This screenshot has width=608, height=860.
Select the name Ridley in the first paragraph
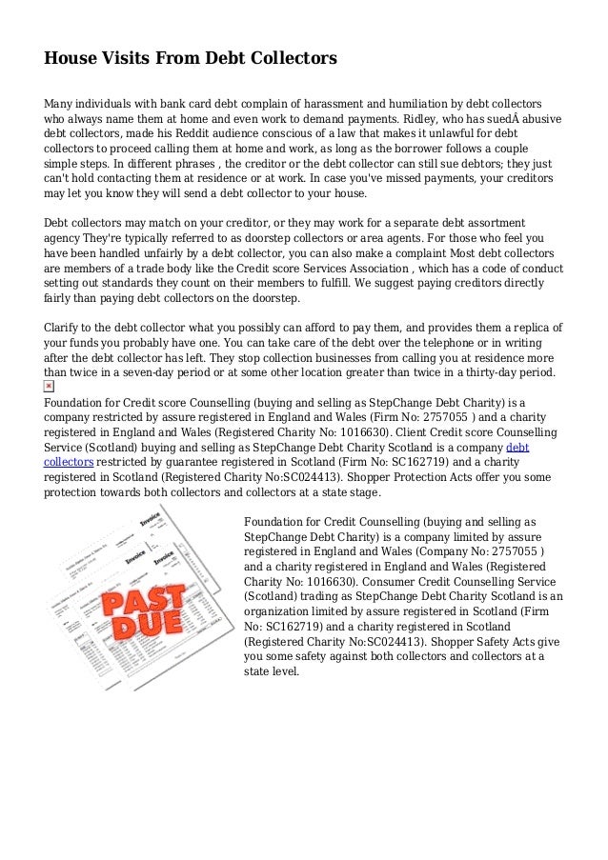click(428, 119)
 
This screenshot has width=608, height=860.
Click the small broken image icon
click(50, 386)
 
